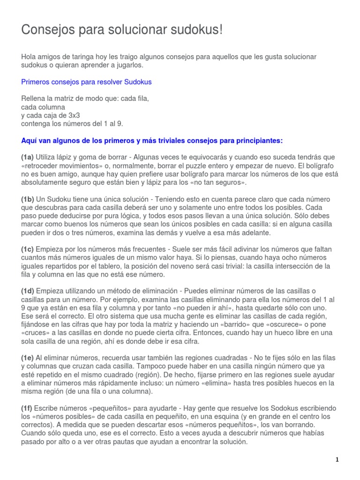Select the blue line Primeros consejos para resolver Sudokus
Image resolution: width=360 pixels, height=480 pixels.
[x=86, y=82]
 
